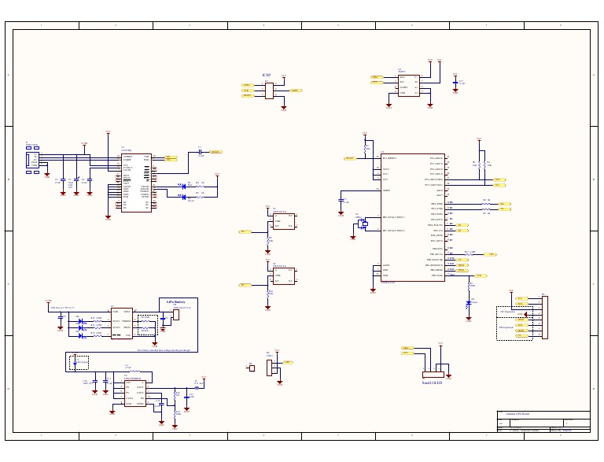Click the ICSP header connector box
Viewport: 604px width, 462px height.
(269, 91)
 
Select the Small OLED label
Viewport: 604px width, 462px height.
(432, 383)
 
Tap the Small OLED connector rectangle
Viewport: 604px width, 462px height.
(433, 374)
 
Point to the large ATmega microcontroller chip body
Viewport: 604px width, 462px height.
(413, 217)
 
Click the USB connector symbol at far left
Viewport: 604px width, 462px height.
(32, 161)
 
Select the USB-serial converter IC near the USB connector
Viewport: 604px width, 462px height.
(136, 181)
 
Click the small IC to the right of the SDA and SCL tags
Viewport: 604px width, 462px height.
(408, 85)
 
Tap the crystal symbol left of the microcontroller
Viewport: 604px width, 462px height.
(363, 224)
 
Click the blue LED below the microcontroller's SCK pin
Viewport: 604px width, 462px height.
(470, 302)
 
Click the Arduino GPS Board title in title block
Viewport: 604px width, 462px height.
(517, 414)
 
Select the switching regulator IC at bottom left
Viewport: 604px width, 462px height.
(134, 391)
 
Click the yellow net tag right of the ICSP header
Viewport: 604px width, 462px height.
(296, 91)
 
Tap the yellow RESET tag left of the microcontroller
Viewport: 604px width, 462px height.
(349, 158)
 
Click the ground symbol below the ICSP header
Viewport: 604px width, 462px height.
(284, 108)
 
